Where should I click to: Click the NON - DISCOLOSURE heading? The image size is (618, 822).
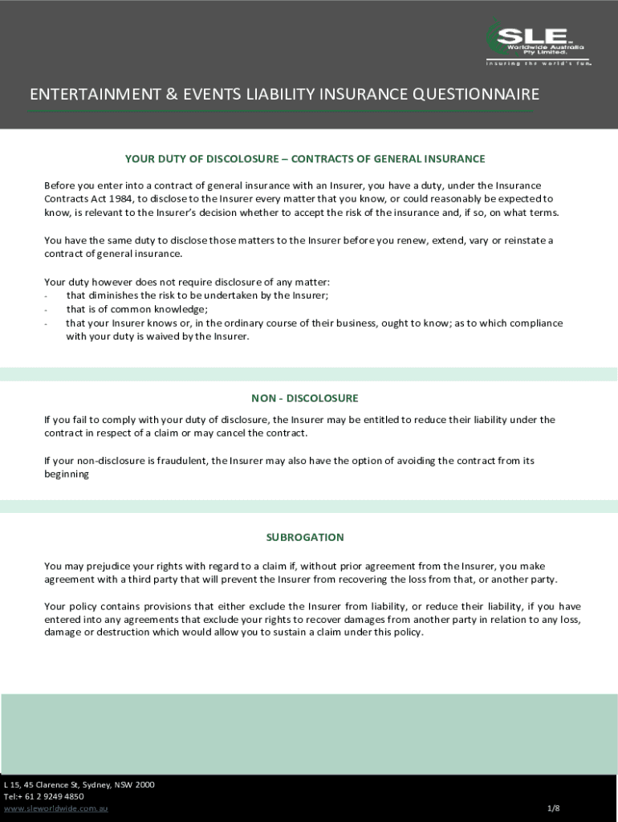tap(305, 398)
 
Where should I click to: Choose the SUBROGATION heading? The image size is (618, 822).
tap(305, 537)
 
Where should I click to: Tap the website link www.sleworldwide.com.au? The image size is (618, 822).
tap(55, 808)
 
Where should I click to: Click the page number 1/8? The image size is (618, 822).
tap(553, 808)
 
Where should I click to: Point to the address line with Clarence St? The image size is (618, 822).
tap(79, 784)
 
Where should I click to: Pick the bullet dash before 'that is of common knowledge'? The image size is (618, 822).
tap(47, 310)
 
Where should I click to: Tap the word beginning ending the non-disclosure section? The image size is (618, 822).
tap(67, 474)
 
